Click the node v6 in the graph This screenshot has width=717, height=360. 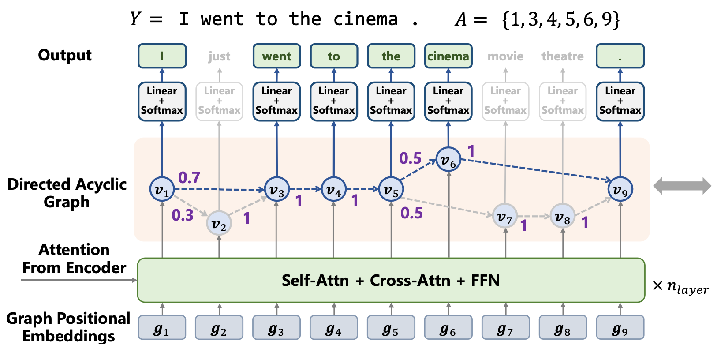(x=448, y=159)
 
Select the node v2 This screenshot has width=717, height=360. (x=219, y=223)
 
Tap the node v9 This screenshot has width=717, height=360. (x=620, y=189)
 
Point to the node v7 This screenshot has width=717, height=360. (x=505, y=216)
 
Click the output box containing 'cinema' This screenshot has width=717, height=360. (x=448, y=56)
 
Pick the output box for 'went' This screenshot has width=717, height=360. (x=276, y=56)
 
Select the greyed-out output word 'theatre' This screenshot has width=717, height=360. (x=562, y=56)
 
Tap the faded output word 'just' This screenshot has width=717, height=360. (x=219, y=56)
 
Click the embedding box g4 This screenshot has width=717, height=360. (x=333, y=328)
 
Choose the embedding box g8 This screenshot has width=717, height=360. (x=562, y=328)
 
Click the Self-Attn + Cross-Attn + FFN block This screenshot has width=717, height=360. (x=391, y=280)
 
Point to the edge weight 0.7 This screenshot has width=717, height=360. (x=189, y=177)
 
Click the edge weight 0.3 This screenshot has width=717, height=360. (x=183, y=215)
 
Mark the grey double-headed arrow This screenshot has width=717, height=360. (x=682, y=186)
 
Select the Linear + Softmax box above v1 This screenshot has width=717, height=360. (x=162, y=101)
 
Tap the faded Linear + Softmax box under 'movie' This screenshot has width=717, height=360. (x=505, y=101)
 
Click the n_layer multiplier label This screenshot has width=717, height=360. (x=681, y=287)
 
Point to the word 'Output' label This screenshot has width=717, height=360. (x=65, y=55)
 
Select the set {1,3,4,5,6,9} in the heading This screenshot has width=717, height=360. (x=561, y=19)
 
